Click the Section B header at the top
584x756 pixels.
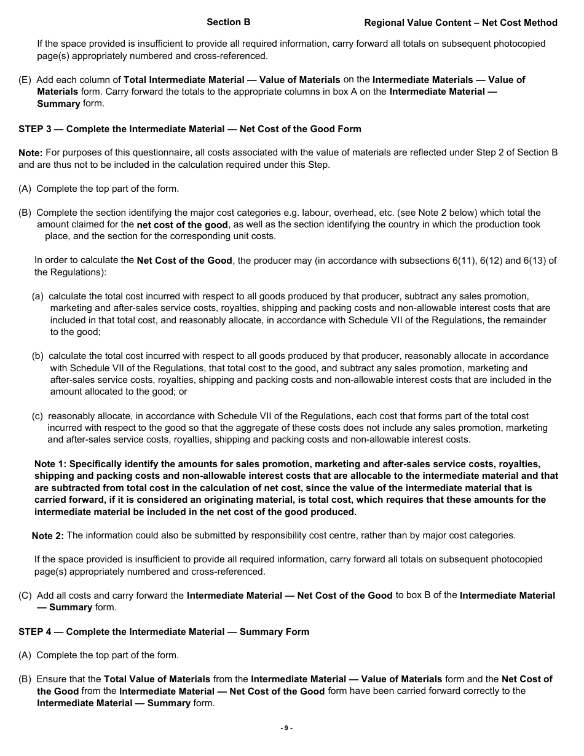[x=228, y=22]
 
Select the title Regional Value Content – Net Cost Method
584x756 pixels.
[x=460, y=23]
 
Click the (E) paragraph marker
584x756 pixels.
[x=25, y=80]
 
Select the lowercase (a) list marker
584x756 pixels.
[x=38, y=296]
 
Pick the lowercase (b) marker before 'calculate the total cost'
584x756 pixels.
[x=38, y=356]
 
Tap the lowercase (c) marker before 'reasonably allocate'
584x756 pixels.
[x=38, y=416]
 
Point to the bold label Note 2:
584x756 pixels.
[x=48, y=536]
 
